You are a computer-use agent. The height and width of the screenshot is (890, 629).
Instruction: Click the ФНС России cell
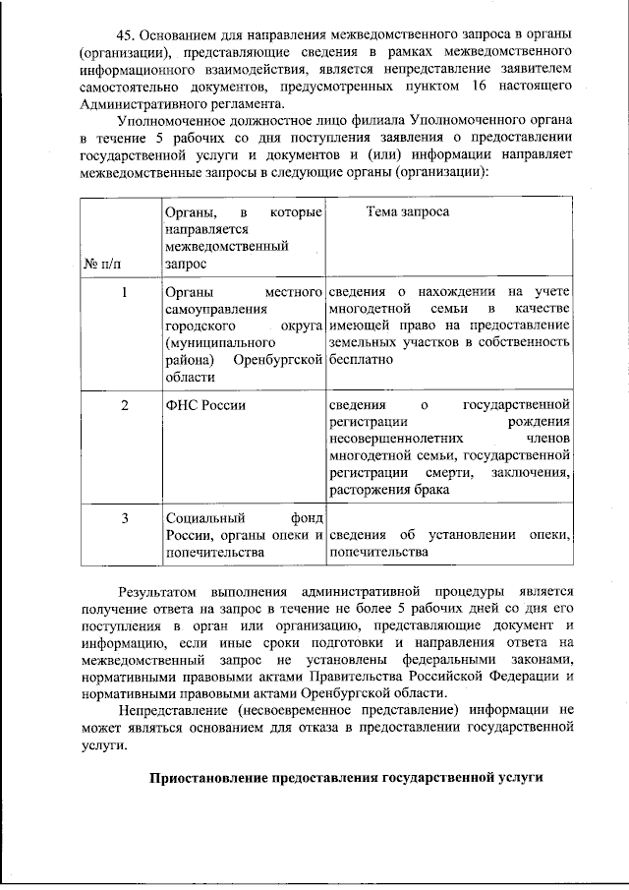coord(205,405)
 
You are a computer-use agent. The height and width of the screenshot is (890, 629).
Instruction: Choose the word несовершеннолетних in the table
coord(391,439)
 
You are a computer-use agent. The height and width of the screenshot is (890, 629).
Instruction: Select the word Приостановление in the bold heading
coord(207,777)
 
